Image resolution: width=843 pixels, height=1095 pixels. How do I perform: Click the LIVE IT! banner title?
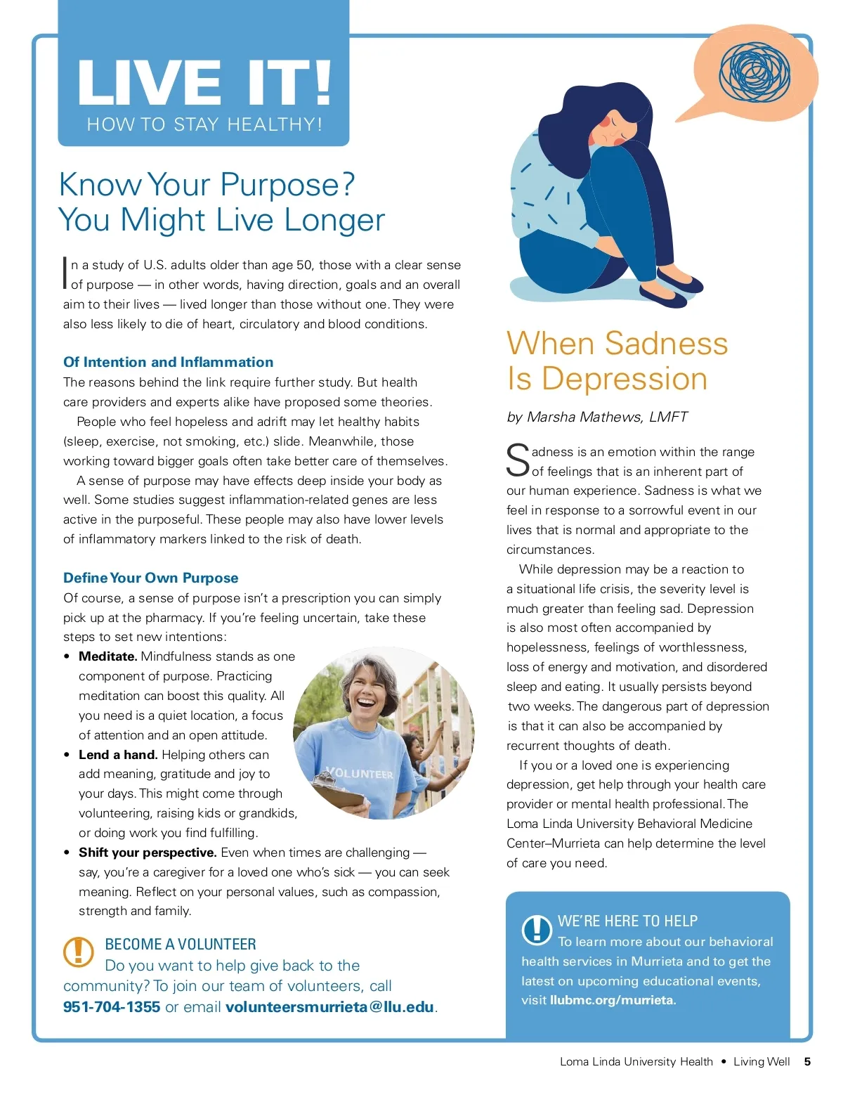204,82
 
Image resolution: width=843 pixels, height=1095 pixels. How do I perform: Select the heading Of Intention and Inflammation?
168,362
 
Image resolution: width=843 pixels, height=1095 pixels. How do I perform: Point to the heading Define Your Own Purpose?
150,578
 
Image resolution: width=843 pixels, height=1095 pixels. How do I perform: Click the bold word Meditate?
107,656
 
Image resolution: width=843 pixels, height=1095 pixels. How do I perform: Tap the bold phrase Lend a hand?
117,755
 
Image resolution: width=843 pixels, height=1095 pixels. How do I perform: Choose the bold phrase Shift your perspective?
148,853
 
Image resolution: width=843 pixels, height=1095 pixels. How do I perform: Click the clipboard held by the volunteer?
338,794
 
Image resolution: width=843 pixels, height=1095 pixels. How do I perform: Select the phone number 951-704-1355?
112,1006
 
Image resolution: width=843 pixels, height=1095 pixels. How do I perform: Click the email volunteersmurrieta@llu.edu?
329,1006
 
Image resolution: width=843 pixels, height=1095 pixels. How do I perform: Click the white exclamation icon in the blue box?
537,929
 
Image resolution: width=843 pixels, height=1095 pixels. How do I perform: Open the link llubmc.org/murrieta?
613,1000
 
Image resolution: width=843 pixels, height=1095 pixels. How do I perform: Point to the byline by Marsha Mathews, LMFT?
597,417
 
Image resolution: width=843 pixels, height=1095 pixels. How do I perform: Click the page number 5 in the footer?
807,1061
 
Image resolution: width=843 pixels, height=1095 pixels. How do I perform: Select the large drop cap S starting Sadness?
518,460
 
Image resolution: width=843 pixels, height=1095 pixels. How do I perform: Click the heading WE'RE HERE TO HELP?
627,921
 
